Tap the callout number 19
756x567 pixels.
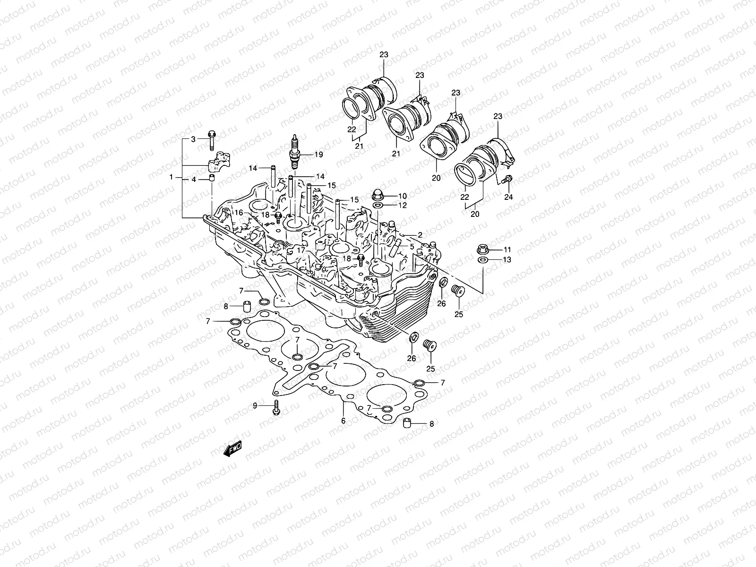pos(318,155)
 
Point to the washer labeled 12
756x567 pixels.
pos(378,206)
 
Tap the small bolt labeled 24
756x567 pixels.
pos(508,180)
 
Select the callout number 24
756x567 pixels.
pos(508,198)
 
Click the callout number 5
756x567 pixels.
pos(412,247)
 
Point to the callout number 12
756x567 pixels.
pos(402,206)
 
